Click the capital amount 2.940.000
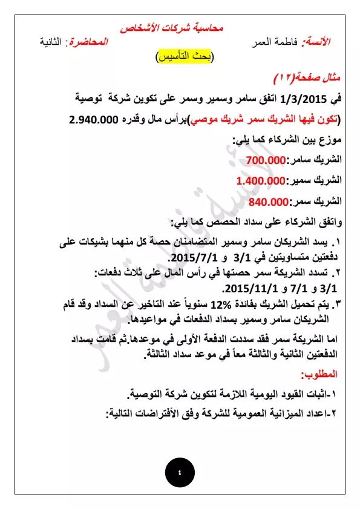click(x=100, y=119)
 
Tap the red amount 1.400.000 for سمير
click(x=261, y=180)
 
